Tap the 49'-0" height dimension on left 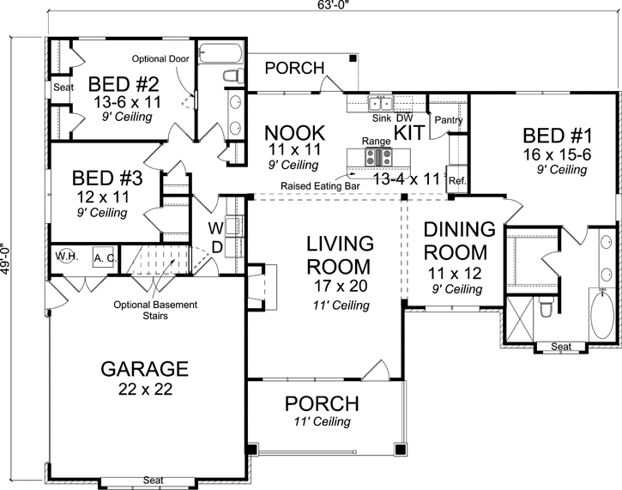6,268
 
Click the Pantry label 449,121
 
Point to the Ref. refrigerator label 456,181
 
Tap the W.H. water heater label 66,257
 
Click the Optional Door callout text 160,59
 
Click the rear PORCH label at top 293,68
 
